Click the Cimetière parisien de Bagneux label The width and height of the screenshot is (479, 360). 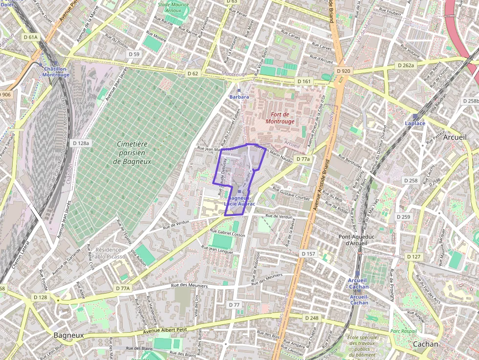(132, 152)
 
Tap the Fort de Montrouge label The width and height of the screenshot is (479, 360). (280, 117)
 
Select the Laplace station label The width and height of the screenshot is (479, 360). (415, 123)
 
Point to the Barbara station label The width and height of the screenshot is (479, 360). (239, 97)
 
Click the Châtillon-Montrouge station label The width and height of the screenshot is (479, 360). (56, 72)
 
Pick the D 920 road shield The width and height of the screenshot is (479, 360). (344, 71)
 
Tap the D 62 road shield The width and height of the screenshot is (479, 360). (193, 73)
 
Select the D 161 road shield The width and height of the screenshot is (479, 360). (304, 81)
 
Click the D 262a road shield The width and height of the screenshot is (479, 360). (405, 65)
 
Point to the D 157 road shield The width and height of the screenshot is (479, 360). (308, 254)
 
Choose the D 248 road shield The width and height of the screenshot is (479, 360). (311, 318)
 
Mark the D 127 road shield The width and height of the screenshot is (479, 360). (414, 256)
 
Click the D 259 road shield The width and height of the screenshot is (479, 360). (403, 216)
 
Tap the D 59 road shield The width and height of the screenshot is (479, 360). (133, 54)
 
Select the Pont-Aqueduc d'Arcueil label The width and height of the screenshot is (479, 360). (359, 240)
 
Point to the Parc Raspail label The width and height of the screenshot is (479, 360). (404, 331)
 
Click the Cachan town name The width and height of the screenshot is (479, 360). (426, 344)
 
